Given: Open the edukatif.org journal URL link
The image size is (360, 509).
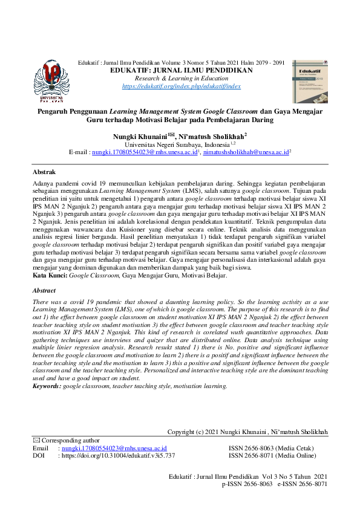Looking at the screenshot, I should pyautogui.click(x=181, y=87).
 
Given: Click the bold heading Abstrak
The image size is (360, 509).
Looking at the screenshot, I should pyautogui.click(x=44, y=172).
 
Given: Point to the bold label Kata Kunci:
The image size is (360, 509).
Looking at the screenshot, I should pyautogui.click(x=50, y=276).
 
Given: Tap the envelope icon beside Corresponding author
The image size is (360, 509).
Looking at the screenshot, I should pyautogui.click(x=35, y=441).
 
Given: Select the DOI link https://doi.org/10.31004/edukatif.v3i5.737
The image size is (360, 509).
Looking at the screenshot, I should pyautogui.click(x=116, y=456).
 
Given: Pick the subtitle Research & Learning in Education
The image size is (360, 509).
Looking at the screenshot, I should pyautogui.click(x=181, y=79).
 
